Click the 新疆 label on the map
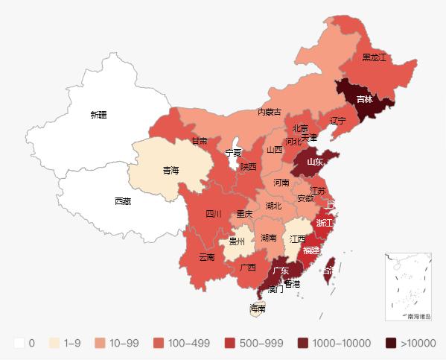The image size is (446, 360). [x=98, y=115]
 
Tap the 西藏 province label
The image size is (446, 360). [x=123, y=201]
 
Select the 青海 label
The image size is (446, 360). [x=171, y=171]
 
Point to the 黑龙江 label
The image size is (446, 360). [x=375, y=57]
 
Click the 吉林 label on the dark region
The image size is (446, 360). [x=365, y=99]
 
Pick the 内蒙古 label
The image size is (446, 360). [x=269, y=112]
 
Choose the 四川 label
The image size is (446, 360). [x=214, y=214]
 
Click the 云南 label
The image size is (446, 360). [x=207, y=257]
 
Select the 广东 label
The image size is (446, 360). [x=281, y=271]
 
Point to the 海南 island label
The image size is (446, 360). [x=258, y=309]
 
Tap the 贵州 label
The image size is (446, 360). [x=237, y=241]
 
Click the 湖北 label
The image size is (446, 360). [x=273, y=206]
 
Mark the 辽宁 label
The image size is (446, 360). [x=338, y=121]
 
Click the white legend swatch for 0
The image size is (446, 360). [x=19, y=343]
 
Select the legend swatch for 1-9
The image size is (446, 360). [x=54, y=343]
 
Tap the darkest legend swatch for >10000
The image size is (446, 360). [x=391, y=343]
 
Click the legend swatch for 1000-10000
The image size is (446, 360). [x=303, y=343]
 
